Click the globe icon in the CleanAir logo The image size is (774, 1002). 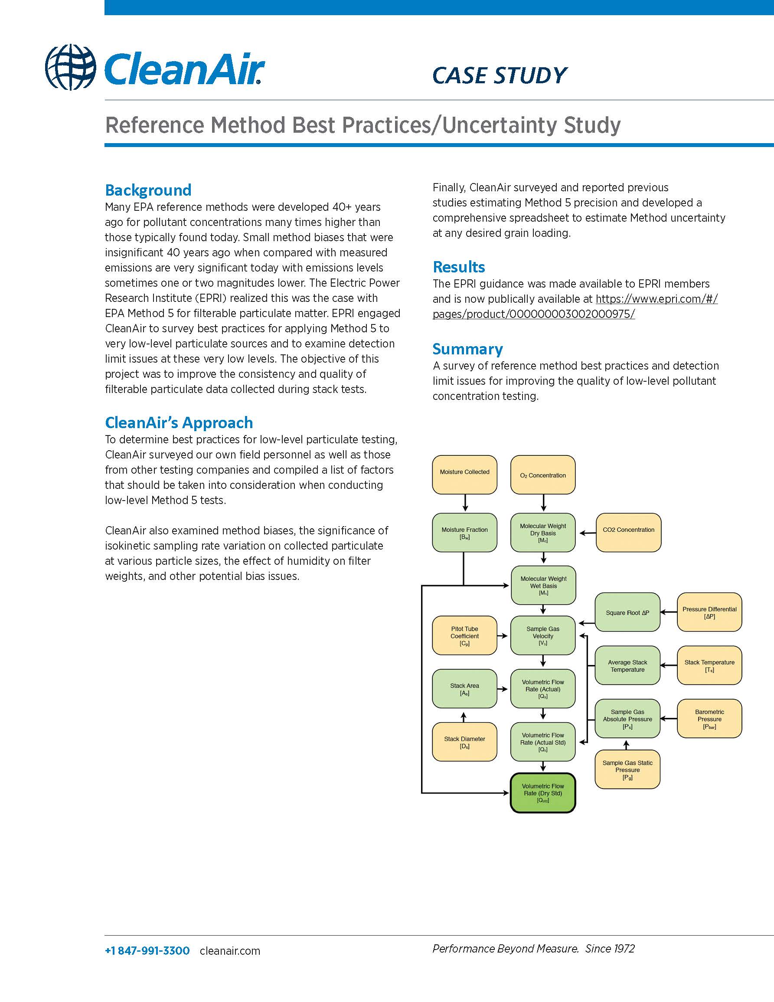tap(71, 67)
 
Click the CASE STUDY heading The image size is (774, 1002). tap(500, 76)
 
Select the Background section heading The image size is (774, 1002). tap(148, 190)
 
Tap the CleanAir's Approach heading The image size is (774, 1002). tap(179, 422)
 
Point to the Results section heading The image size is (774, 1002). tap(458, 267)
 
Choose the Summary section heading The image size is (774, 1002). tap(467, 349)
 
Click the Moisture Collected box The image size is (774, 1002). tap(464, 475)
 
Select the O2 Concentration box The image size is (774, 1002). tap(543, 475)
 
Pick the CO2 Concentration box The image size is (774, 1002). tap(628, 532)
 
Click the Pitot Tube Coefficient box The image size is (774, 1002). tap(464, 635)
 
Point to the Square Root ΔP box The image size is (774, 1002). tap(627, 612)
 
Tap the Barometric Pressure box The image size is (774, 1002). tap(709, 719)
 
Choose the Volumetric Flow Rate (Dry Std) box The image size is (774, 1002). tap(543, 793)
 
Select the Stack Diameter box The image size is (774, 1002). tap(464, 742)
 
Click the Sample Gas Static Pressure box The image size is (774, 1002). tap(627, 770)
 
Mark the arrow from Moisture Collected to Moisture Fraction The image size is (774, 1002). tap(465, 503)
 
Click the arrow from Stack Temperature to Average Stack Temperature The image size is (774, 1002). tap(669, 666)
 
